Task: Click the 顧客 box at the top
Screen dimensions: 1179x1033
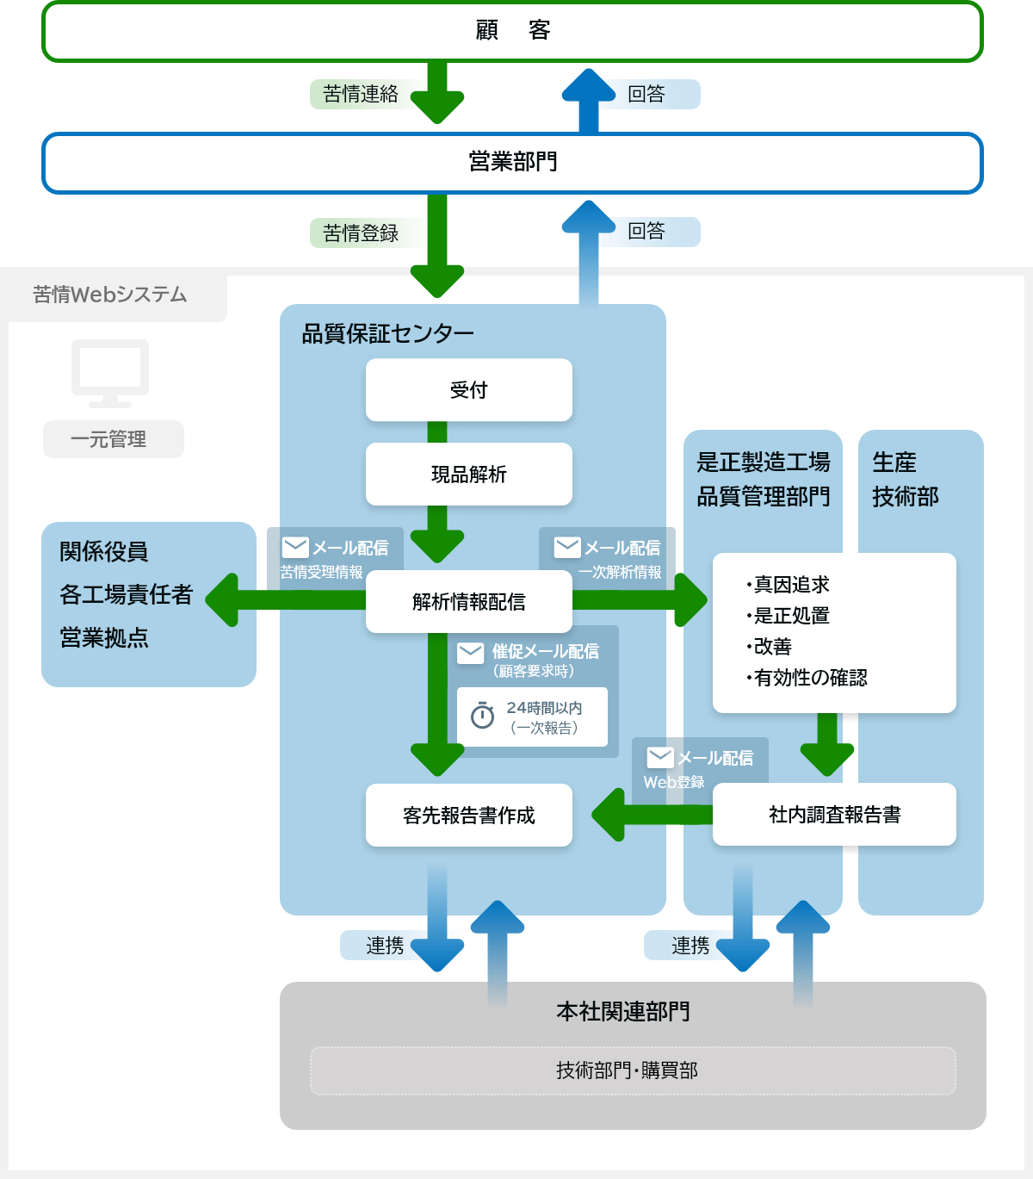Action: click(512, 32)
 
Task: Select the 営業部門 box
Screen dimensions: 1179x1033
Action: click(512, 163)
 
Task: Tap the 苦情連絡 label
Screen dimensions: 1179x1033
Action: click(361, 94)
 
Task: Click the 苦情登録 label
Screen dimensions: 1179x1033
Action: click(361, 233)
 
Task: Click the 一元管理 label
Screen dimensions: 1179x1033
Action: click(113, 439)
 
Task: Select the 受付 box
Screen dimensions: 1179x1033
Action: click(468, 390)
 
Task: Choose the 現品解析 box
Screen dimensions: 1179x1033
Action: click(468, 475)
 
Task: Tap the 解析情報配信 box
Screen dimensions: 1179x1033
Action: click(468, 602)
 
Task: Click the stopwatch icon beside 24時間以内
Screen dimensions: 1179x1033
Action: click(482, 716)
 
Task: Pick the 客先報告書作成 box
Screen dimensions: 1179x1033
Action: click(468, 815)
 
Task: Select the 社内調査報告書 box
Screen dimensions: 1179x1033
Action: click(834, 815)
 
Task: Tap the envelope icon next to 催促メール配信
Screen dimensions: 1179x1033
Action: click(470, 653)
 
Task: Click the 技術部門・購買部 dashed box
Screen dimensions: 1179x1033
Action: click(632, 1070)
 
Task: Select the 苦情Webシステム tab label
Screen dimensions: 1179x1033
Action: click(110, 295)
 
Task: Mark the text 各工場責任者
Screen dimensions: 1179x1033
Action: click(126, 594)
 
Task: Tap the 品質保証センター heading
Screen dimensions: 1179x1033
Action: click(387, 334)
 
